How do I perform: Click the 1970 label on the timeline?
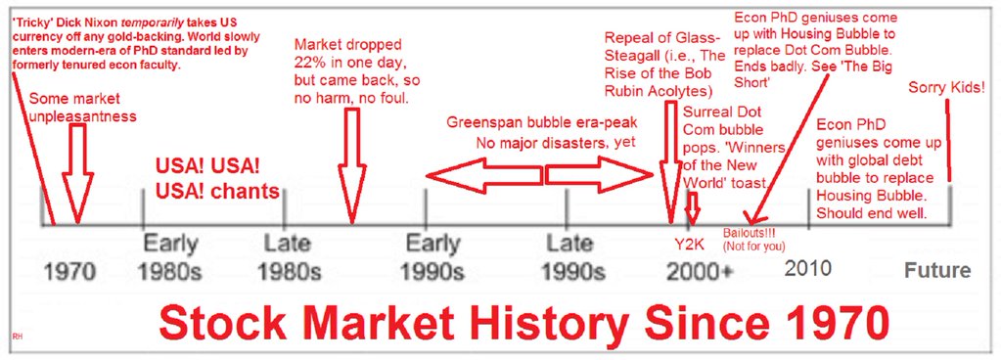coord(70,272)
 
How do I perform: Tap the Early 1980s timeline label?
coord(170,257)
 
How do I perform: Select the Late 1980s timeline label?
coord(290,257)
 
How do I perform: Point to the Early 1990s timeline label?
coord(432,257)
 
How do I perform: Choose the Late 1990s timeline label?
coord(573,257)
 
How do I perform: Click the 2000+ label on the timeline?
coord(701,272)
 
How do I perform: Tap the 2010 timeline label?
coord(807,268)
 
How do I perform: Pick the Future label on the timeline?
coord(937,271)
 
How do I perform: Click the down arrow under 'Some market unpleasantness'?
coord(78,172)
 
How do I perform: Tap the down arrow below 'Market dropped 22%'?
coord(351,165)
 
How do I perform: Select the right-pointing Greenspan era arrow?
coord(599,173)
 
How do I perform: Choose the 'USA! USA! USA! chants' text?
coord(217,179)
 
